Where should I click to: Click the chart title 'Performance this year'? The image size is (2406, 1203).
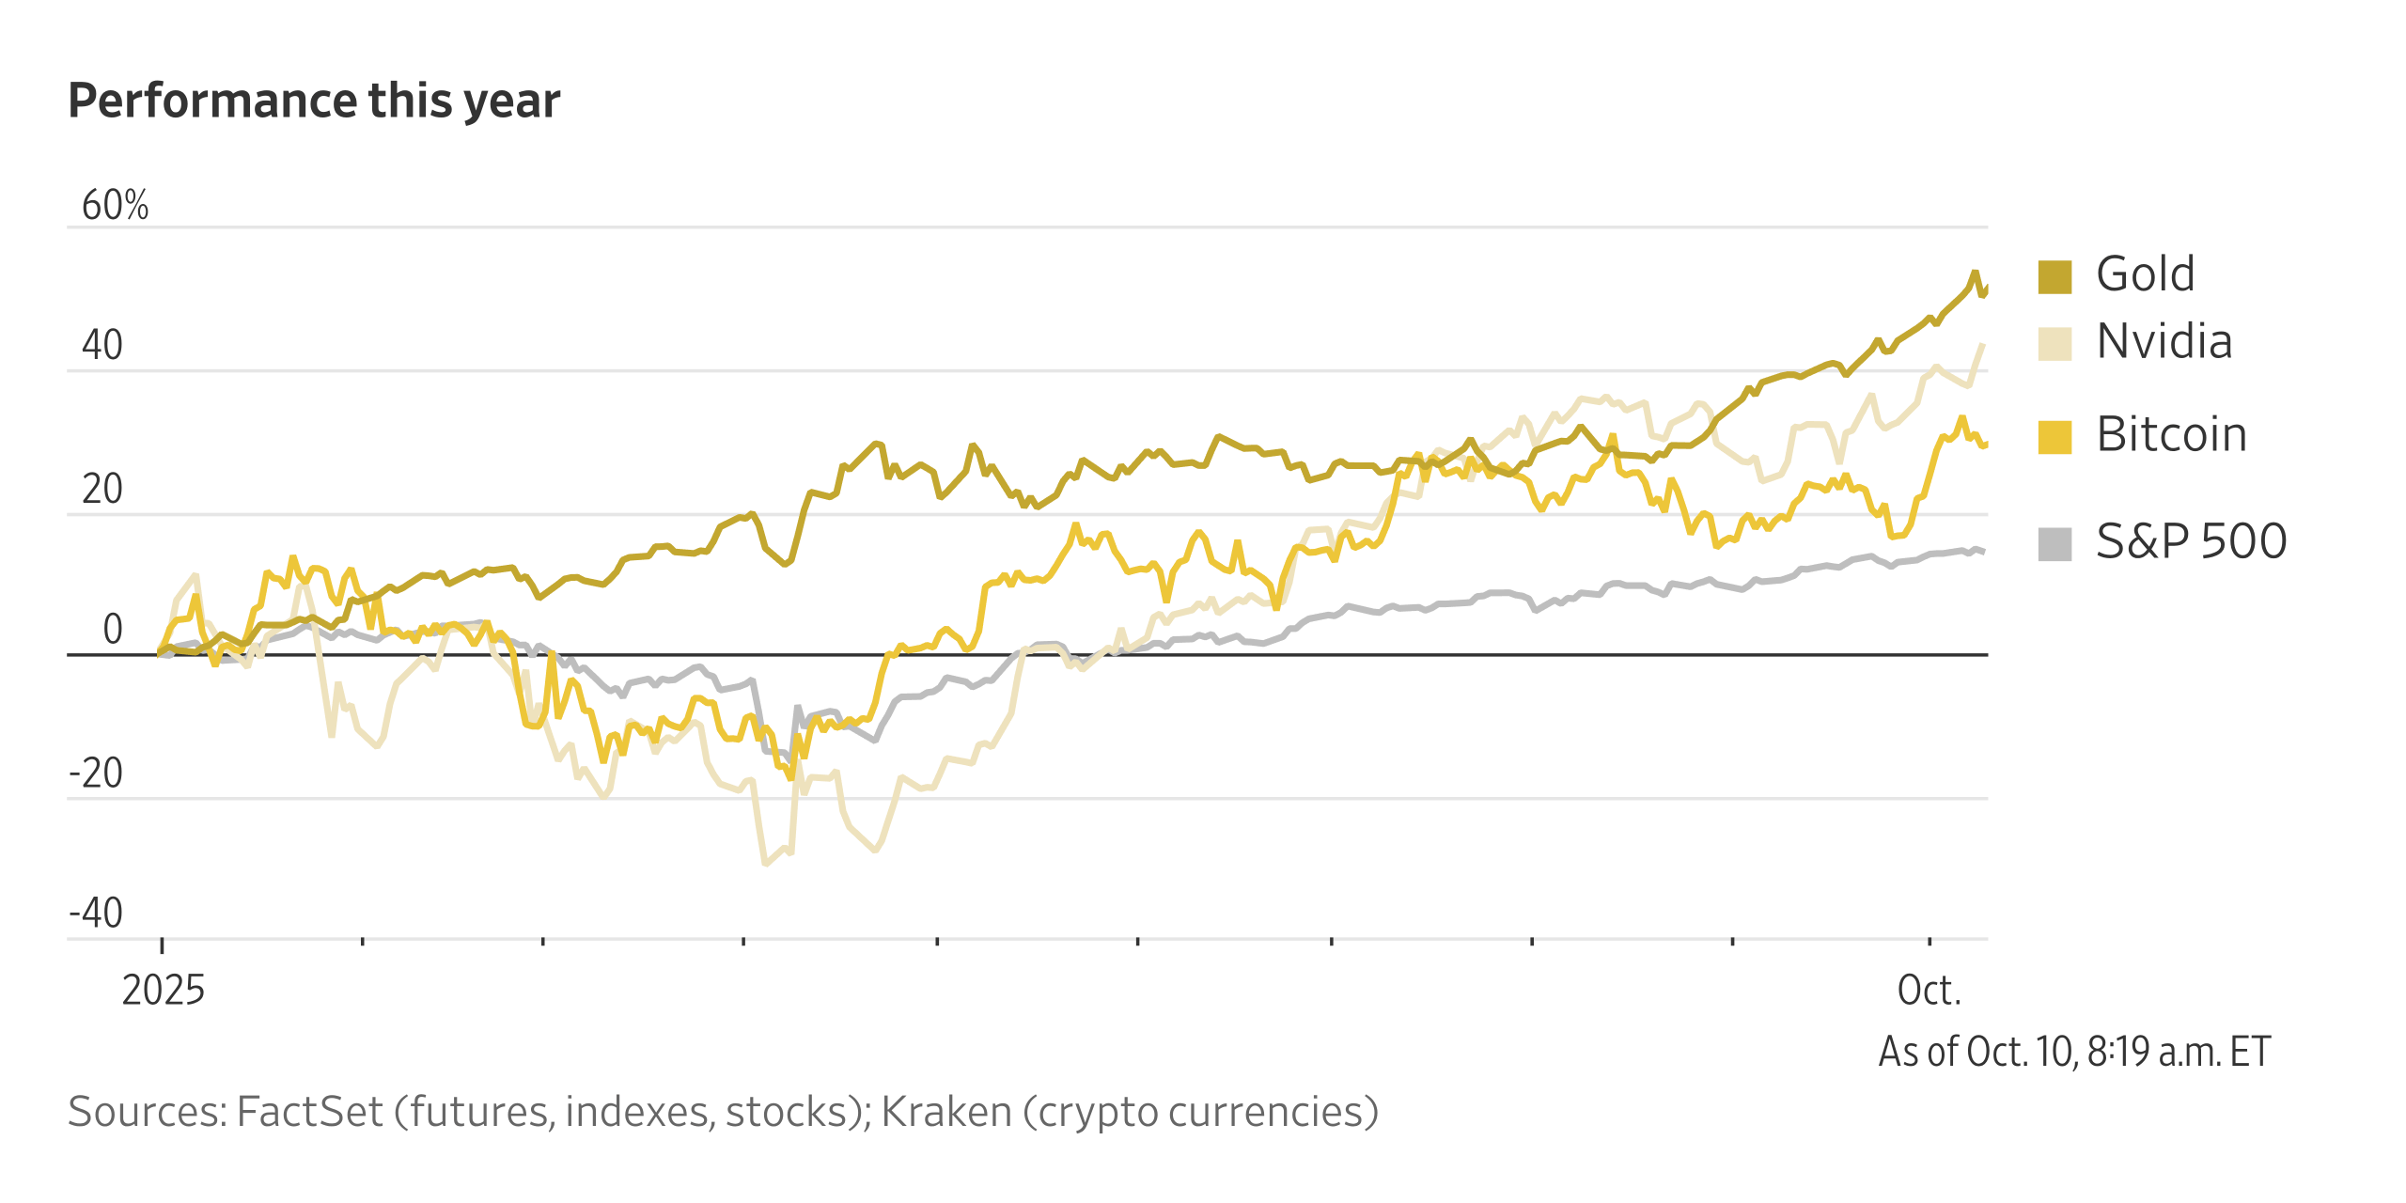[x=314, y=101]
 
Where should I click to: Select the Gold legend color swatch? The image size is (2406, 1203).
[x=2054, y=276]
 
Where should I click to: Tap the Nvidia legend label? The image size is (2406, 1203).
[x=2164, y=341]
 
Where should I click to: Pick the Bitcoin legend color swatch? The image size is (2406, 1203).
[x=2054, y=437]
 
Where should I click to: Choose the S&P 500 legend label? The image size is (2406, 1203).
[x=2191, y=541]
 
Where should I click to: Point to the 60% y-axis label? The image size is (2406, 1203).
[x=115, y=205]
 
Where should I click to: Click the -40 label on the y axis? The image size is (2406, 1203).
[x=96, y=913]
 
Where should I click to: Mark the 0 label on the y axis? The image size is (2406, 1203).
[x=113, y=629]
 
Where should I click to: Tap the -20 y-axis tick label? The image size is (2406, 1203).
[x=96, y=773]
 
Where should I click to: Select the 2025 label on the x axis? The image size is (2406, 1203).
[x=163, y=990]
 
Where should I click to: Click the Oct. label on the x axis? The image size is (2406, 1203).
[x=1929, y=990]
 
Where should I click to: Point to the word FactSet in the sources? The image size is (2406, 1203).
[x=309, y=1112]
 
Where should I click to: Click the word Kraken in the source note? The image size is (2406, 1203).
[x=945, y=1112]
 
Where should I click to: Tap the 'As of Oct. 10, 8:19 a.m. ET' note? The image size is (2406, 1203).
[x=2074, y=1052]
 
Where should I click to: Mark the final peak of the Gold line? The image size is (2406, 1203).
[x=1975, y=273]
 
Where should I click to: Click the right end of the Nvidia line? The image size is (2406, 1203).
[x=1983, y=345]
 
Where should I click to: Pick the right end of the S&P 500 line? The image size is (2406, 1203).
[x=1984, y=551]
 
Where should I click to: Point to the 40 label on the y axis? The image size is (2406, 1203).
[x=102, y=345]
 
